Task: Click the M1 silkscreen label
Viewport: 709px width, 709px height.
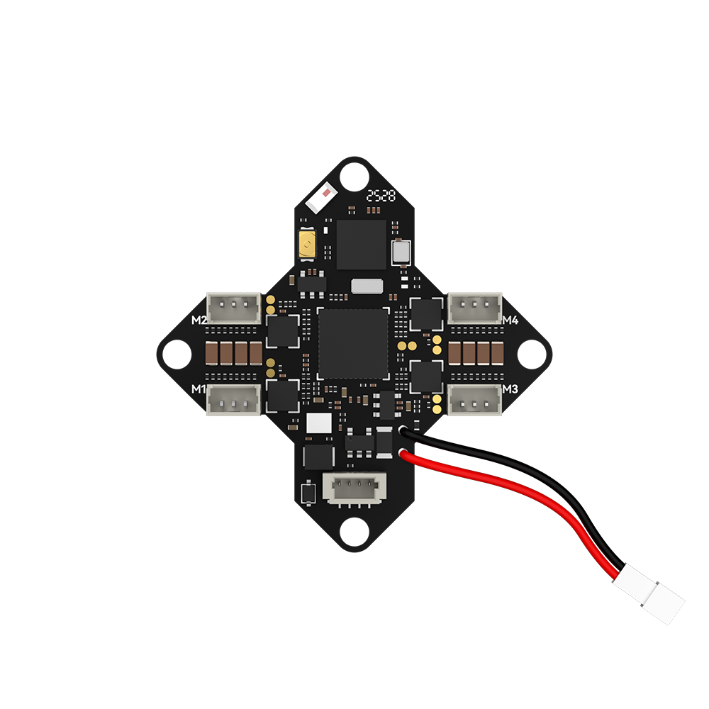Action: pyautogui.click(x=198, y=389)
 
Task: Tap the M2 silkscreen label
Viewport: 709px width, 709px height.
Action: pyautogui.click(x=199, y=320)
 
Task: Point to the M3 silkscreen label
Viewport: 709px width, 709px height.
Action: pyautogui.click(x=510, y=389)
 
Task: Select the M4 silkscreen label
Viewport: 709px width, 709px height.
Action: pyautogui.click(x=510, y=320)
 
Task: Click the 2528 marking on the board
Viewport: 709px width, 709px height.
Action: pyautogui.click(x=381, y=196)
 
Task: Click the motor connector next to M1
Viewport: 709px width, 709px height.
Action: pyautogui.click(x=233, y=400)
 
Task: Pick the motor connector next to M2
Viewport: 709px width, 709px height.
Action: pyautogui.click(x=234, y=308)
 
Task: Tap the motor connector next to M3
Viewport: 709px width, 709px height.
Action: pyautogui.click(x=475, y=400)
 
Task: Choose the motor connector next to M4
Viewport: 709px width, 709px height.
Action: pyautogui.click(x=475, y=308)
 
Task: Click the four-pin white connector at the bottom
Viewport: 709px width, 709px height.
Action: pyautogui.click(x=354, y=489)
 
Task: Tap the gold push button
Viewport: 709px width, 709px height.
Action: pyautogui.click(x=308, y=245)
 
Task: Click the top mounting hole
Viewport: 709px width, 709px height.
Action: pyautogui.click(x=354, y=177)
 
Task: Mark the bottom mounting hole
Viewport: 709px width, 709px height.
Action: pyautogui.click(x=354, y=532)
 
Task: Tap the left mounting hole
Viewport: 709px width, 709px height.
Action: pyautogui.click(x=177, y=354)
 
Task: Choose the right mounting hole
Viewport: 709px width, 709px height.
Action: pyautogui.click(x=532, y=354)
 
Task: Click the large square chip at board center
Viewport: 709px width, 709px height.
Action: pyautogui.click(x=353, y=344)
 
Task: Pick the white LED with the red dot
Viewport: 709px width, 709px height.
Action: pyautogui.click(x=321, y=198)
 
